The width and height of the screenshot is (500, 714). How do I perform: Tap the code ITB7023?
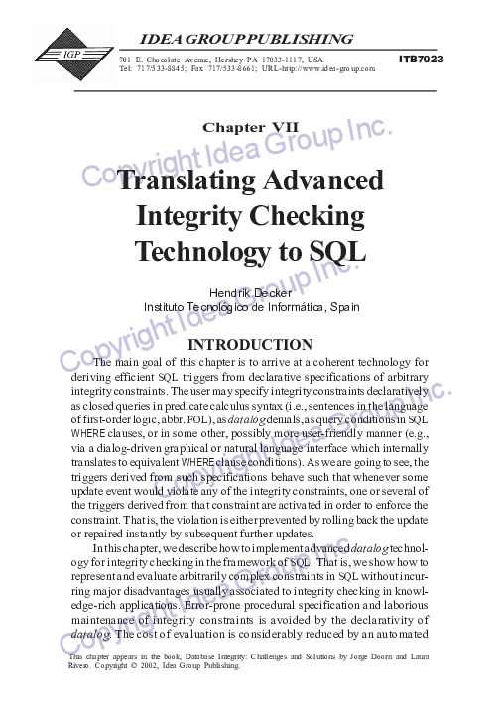421,59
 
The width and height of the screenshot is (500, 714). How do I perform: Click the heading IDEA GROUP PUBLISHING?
248,40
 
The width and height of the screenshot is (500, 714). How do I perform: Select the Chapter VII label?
250,127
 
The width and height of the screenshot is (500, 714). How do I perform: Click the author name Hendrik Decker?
250,293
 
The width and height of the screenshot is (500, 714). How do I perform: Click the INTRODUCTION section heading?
250,345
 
